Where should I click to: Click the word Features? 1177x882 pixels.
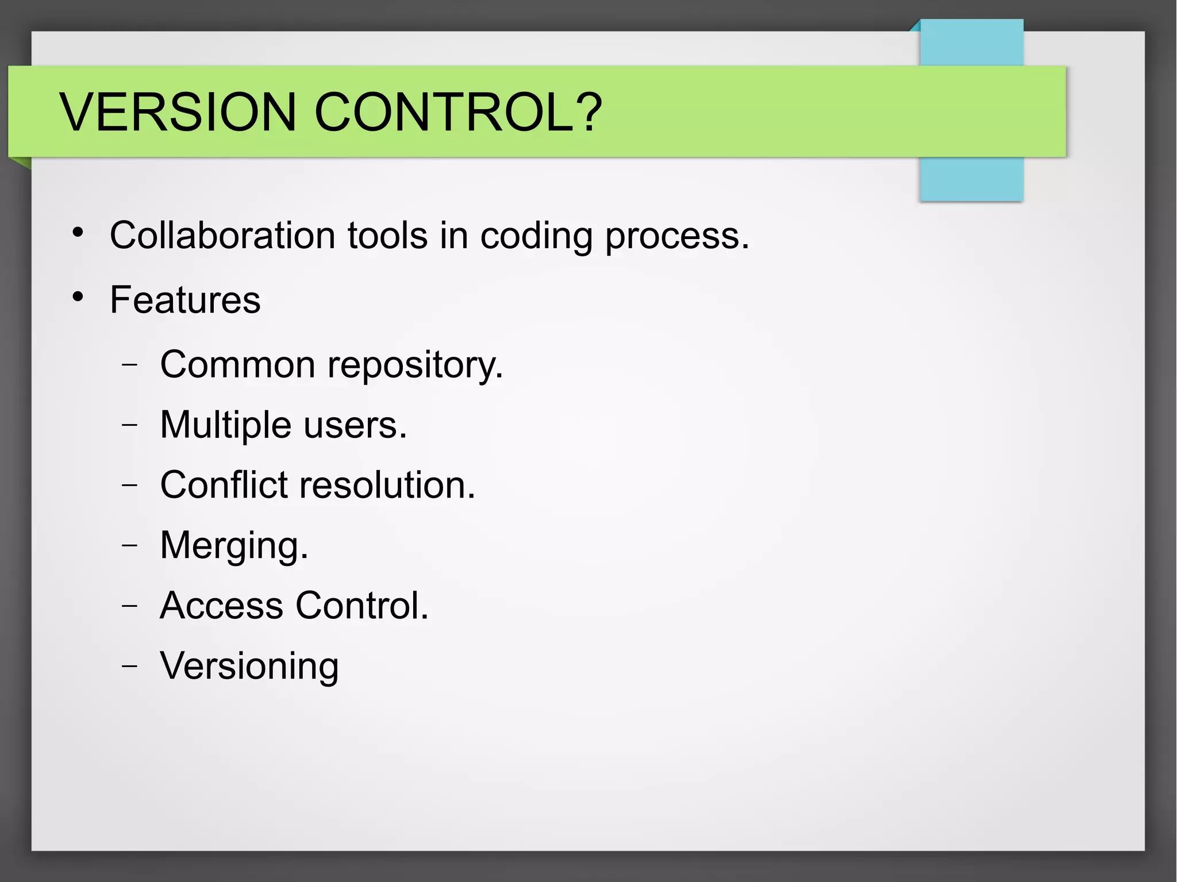[185, 300]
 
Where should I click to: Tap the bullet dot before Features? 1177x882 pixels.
[78, 297]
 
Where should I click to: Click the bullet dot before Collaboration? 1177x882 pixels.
[78, 233]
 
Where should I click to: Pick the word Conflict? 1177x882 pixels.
[223, 485]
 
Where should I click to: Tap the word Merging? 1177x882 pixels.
[234, 546]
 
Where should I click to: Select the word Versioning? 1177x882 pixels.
[249, 667]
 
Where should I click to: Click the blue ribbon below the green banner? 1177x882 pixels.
[971, 179]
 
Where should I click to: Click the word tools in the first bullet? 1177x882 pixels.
[387, 236]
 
